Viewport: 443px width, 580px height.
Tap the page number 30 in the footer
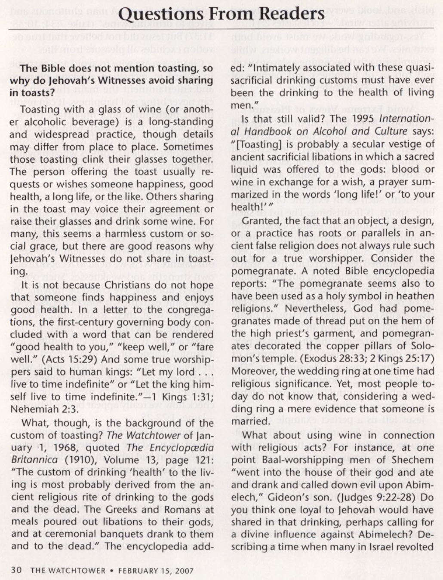[x=16, y=571]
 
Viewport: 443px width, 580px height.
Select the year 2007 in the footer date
[x=184, y=571]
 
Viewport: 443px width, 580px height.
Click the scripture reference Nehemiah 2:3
[x=44, y=409]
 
